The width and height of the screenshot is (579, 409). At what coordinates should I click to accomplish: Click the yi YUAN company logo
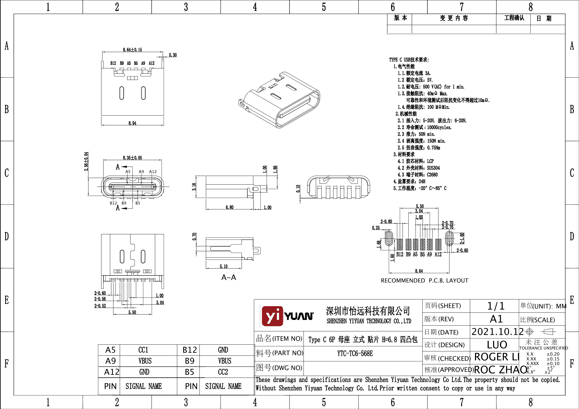(288, 316)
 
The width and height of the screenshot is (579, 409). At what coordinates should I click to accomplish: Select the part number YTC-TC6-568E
(355, 353)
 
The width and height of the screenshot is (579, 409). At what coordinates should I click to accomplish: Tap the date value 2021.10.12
(497, 332)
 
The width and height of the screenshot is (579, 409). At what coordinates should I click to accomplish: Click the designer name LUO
(497, 345)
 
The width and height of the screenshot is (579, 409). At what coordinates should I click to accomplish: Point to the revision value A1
(496, 319)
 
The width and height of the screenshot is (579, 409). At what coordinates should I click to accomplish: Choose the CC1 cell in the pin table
(143, 350)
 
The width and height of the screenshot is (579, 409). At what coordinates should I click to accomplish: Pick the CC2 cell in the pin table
(223, 372)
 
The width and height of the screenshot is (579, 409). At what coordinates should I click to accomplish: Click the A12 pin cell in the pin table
(111, 372)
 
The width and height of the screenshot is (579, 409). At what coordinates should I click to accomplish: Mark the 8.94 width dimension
(132, 123)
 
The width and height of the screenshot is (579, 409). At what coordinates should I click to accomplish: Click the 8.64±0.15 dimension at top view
(132, 50)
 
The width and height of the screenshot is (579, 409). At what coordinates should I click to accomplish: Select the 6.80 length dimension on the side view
(230, 207)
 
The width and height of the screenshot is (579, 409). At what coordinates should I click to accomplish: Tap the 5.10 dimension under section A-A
(223, 266)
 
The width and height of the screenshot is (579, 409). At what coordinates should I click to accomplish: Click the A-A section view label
(229, 277)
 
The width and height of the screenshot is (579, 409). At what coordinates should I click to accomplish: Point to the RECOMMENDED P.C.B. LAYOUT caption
(424, 281)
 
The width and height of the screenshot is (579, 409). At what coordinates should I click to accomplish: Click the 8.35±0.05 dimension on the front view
(132, 158)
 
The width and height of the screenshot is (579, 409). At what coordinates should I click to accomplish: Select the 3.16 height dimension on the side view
(194, 187)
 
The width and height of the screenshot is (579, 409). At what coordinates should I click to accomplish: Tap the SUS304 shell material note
(433, 168)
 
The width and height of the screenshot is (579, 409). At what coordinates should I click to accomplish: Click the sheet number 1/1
(496, 306)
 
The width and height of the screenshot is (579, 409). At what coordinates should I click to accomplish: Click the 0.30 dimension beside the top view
(173, 55)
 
